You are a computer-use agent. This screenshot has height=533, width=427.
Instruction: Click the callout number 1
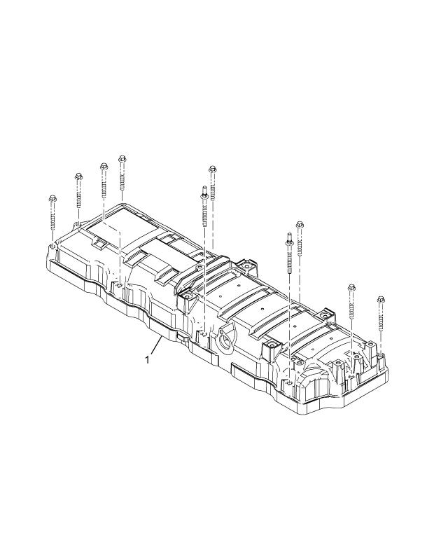pos(147,359)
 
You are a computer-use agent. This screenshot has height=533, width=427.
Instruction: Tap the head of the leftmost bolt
pos(52,200)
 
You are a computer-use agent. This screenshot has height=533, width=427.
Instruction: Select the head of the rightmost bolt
pos(381,299)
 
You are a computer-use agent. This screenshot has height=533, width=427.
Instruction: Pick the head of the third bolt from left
pos(104,166)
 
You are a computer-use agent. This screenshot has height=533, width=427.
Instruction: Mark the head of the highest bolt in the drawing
pos(122,158)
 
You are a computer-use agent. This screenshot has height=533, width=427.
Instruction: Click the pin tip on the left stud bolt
pos(203,188)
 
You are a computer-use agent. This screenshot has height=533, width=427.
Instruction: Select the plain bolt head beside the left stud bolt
pos(212,168)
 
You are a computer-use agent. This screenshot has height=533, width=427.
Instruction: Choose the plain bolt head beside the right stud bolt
pos(300,225)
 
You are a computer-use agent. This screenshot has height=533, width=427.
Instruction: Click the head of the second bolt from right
pos(351,287)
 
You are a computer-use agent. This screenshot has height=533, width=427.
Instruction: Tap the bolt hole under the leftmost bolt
pos(53,247)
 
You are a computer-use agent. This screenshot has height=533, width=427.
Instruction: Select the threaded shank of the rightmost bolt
pos(381,319)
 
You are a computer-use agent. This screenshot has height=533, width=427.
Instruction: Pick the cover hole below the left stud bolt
pos(204,335)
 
